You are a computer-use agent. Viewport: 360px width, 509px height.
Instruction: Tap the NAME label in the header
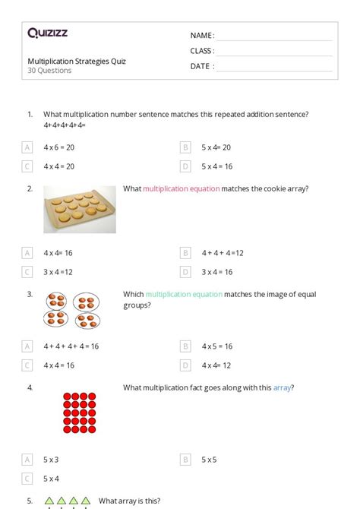pos(201,36)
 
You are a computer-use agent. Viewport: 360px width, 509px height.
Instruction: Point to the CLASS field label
pos(202,51)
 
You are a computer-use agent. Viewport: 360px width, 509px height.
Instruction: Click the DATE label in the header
pos(201,66)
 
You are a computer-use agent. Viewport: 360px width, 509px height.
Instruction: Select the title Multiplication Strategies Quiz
pos(77,61)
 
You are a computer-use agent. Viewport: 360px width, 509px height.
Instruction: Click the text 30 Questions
pos(49,71)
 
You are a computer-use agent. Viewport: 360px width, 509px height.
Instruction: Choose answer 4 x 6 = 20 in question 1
pos(58,147)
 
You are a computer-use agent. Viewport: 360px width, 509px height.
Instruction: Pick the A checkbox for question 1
pos(27,147)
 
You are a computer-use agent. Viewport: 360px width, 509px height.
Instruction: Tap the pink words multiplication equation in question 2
pos(182,188)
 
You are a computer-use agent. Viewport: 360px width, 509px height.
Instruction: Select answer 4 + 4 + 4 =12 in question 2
pos(222,253)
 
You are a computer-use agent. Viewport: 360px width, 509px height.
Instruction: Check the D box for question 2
pos(185,271)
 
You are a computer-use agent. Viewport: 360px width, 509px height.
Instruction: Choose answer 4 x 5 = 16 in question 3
pos(217,346)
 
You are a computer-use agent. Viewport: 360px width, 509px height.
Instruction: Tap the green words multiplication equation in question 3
pos(184,294)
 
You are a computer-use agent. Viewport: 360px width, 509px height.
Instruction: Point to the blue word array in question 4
pos(282,387)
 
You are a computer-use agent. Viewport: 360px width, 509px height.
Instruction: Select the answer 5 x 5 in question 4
pos(210,460)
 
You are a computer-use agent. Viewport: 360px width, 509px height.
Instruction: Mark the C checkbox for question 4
pos(27,479)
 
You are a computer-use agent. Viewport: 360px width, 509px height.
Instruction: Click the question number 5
pos(30,501)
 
